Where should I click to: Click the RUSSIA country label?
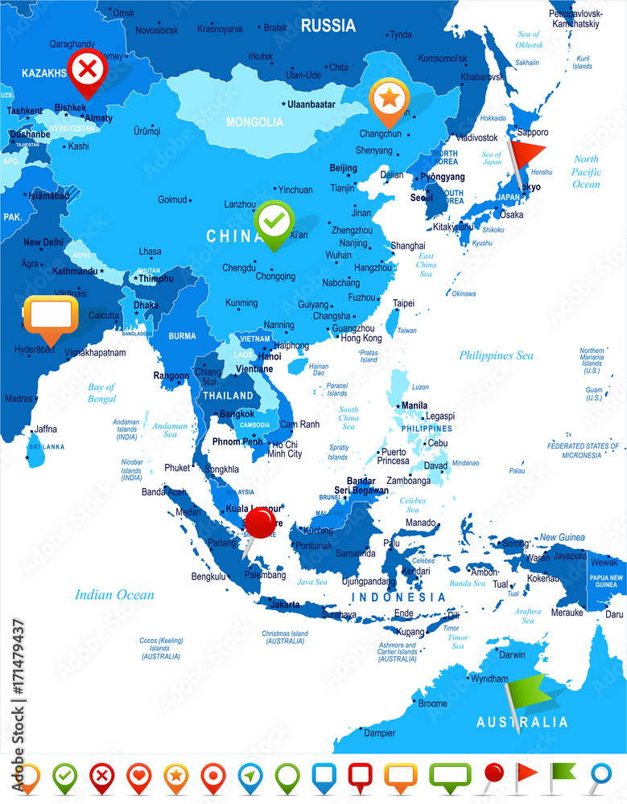[328, 26]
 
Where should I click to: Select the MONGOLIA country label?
[254, 122]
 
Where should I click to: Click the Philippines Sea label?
[496, 355]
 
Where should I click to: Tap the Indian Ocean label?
[114, 595]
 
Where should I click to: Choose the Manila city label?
[415, 405]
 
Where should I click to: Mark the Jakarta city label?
[285, 604]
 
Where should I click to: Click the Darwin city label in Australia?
[512, 654]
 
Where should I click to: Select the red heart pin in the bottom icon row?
[138, 777]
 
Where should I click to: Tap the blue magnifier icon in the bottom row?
[600, 776]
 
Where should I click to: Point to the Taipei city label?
[403, 303]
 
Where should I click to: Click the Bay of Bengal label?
[101, 392]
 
